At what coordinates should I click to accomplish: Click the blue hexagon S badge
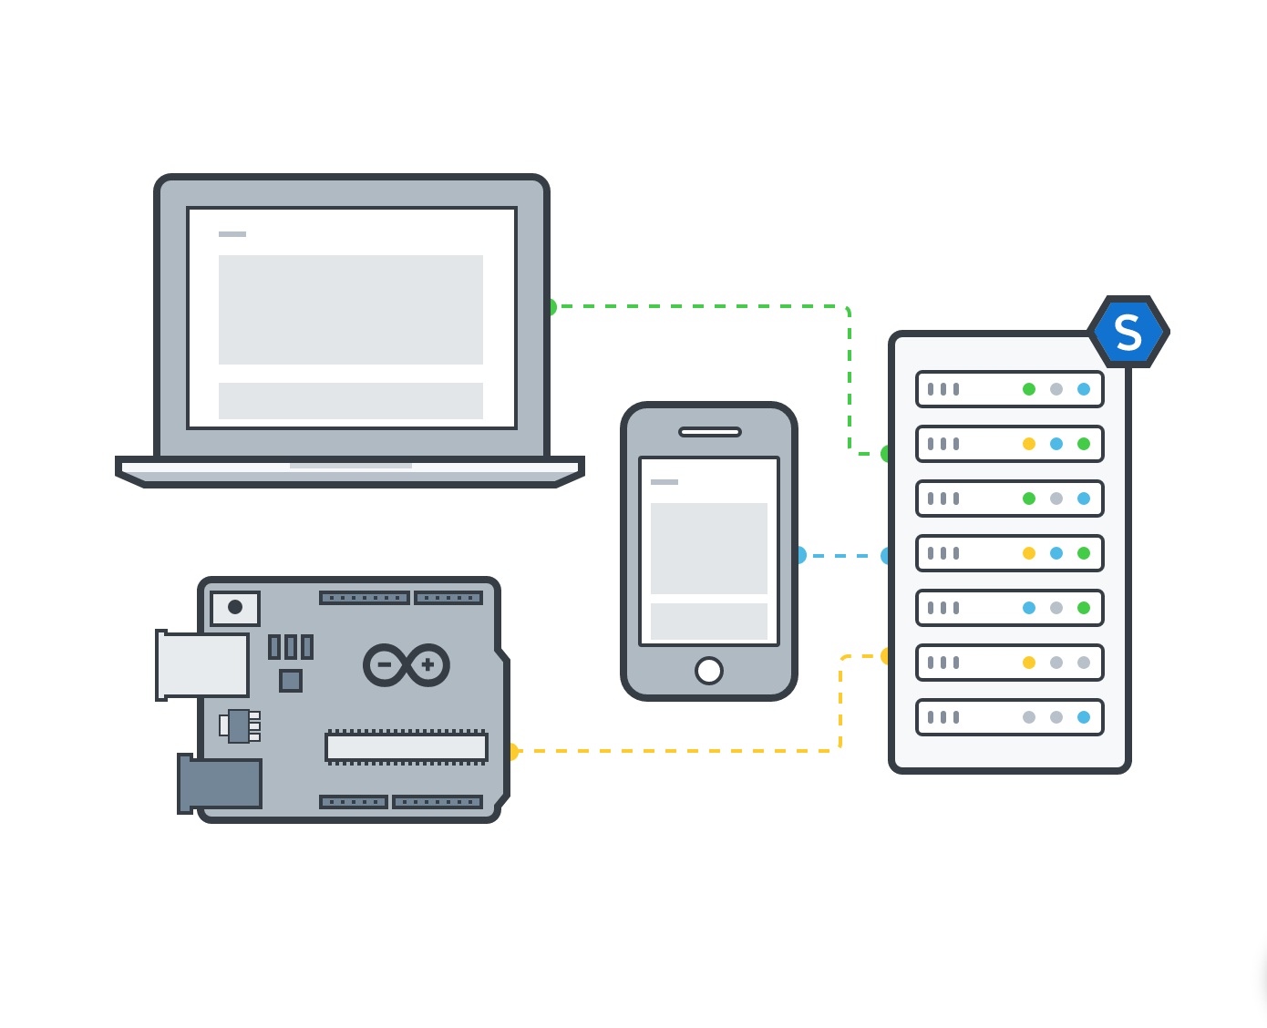pyautogui.click(x=1128, y=333)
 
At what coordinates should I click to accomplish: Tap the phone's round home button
pyautogui.click(x=709, y=671)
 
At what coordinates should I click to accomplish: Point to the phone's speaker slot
pyautogui.click(x=710, y=432)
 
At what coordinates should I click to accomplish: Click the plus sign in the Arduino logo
pyautogui.click(x=427, y=665)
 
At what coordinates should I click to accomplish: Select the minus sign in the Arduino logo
pyautogui.click(x=385, y=665)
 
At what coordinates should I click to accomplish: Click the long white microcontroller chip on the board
pyautogui.click(x=407, y=747)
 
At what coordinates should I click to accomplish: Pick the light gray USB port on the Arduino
pyautogui.click(x=202, y=665)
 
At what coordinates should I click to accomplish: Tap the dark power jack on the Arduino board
pyautogui.click(x=221, y=784)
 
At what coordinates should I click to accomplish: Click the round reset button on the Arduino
pyautogui.click(x=235, y=607)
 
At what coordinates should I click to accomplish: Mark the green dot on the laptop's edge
pyautogui.click(x=551, y=307)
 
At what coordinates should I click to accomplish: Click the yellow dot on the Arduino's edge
pyautogui.click(x=512, y=752)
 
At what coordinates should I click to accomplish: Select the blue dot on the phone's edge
pyautogui.click(x=800, y=555)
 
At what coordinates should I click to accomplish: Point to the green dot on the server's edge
pyautogui.click(x=886, y=454)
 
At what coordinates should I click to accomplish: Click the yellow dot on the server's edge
pyautogui.click(x=886, y=656)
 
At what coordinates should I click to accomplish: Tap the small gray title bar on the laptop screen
pyautogui.click(x=232, y=234)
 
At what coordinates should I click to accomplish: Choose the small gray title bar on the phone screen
pyautogui.click(x=664, y=482)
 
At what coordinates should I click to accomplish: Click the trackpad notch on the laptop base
pyautogui.click(x=351, y=466)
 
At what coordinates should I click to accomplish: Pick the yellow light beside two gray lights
pyautogui.click(x=1029, y=663)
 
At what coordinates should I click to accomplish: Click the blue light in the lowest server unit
pyautogui.click(x=1084, y=717)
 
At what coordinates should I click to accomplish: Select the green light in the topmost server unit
pyautogui.click(x=1029, y=389)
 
